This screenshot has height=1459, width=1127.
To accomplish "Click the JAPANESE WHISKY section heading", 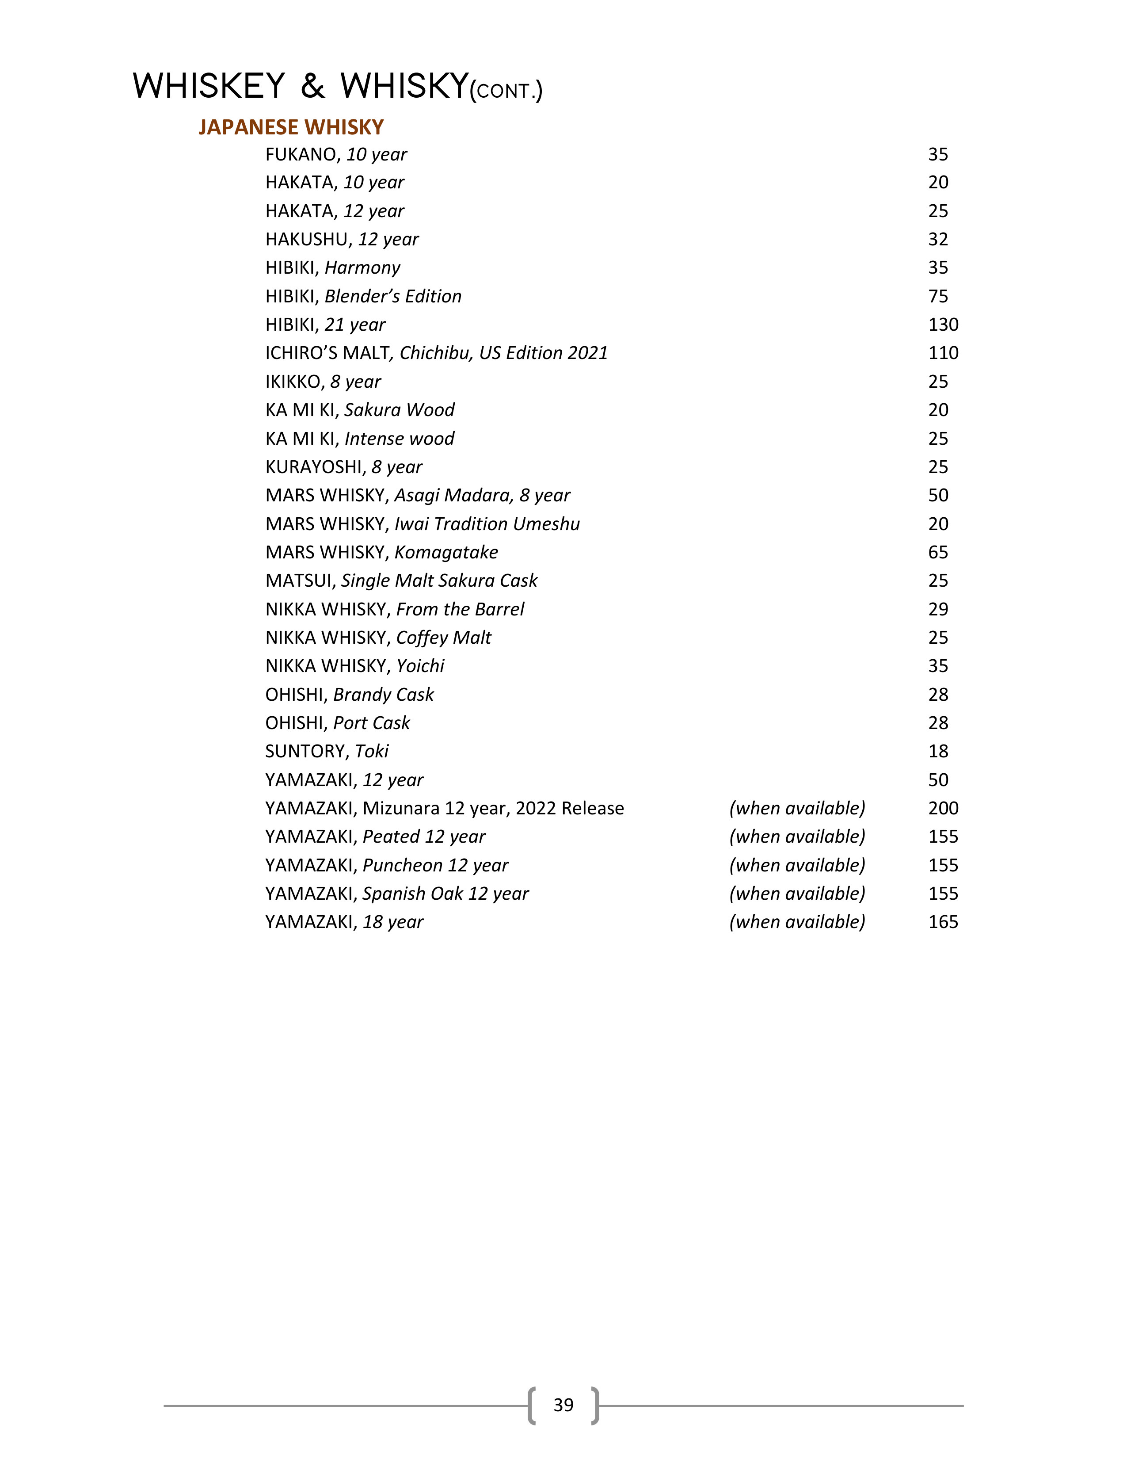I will pyautogui.click(x=291, y=127).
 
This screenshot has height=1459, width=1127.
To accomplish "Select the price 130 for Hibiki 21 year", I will pyautogui.click(x=943, y=325).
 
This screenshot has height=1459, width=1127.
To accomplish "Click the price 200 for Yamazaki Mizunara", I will pyautogui.click(x=943, y=808).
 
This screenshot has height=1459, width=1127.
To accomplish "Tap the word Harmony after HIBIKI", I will pyautogui.click(x=362, y=268).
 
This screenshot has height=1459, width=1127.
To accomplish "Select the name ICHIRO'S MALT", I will pyautogui.click(x=327, y=353).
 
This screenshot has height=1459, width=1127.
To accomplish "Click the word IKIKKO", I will pyautogui.click(x=294, y=382).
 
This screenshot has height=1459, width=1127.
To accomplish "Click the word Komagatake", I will pyautogui.click(x=446, y=553).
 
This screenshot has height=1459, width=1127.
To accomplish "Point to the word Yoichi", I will pyautogui.click(x=421, y=666).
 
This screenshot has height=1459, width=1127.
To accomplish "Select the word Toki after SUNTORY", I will pyautogui.click(x=372, y=752).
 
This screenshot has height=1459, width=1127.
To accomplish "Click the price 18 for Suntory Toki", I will pyautogui.click(x=938, y=752).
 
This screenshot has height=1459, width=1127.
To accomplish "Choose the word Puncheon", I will pyautogui.click(x=403, y=865).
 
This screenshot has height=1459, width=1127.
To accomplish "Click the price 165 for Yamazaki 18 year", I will pyautogui.click(x=943, y=922).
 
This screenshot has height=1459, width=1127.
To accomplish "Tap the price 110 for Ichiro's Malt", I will pyautogui.click(x=943, y=353).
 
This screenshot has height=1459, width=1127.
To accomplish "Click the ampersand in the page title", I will pyautogui.click(x=312, y=87).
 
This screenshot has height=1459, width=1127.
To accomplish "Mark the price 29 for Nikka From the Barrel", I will pyautogui.click(x=938, y=609).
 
